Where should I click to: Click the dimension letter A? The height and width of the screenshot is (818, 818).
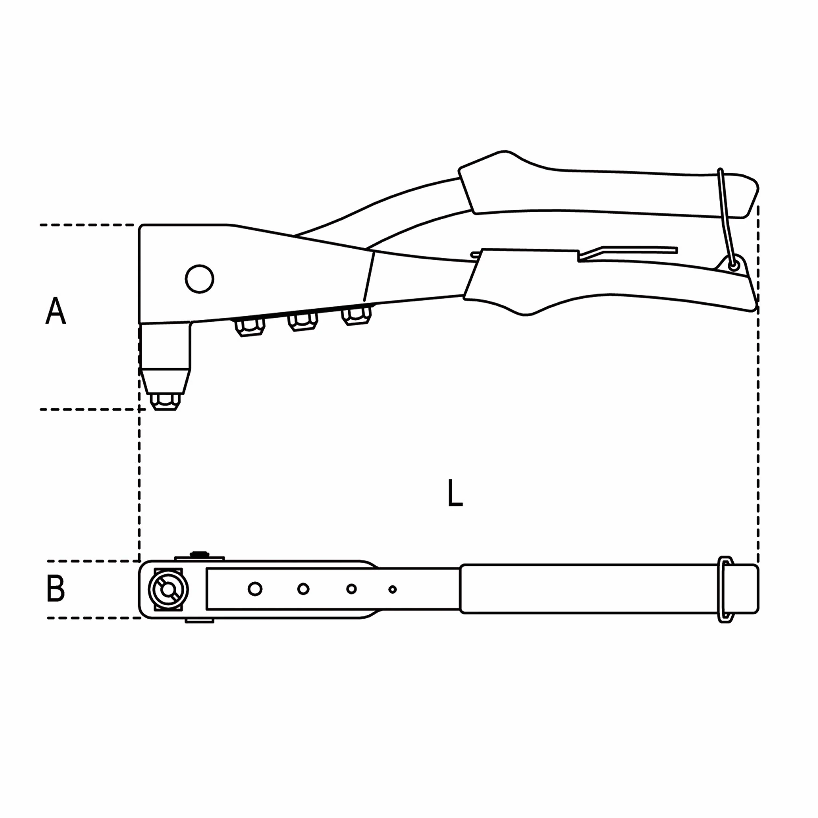55,311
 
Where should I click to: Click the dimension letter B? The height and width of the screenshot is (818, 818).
55,589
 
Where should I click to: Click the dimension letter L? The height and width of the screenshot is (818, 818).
455,492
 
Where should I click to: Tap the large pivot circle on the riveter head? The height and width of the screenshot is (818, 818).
199,279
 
